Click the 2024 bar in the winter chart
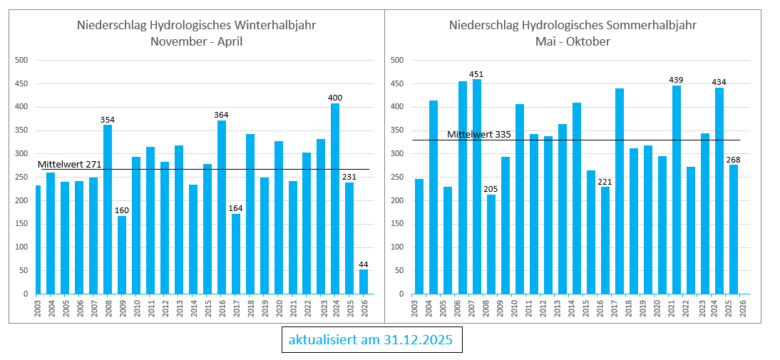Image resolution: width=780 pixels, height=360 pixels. tap(335, 199)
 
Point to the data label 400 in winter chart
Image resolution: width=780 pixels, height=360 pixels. tap(335, 98)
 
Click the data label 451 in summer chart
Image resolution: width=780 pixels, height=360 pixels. tap(476, 74)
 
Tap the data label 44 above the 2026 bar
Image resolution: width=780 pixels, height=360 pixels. tap(364, 264)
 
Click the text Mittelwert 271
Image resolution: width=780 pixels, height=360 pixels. tap(70, 165)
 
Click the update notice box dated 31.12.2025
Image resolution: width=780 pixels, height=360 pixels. tap(371, 340)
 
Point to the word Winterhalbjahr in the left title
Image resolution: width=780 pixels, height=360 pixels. tap(275, 26)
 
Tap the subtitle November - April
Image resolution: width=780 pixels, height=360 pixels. tap(196, 42)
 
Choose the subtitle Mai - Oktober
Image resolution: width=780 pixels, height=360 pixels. tap(573, 42)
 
